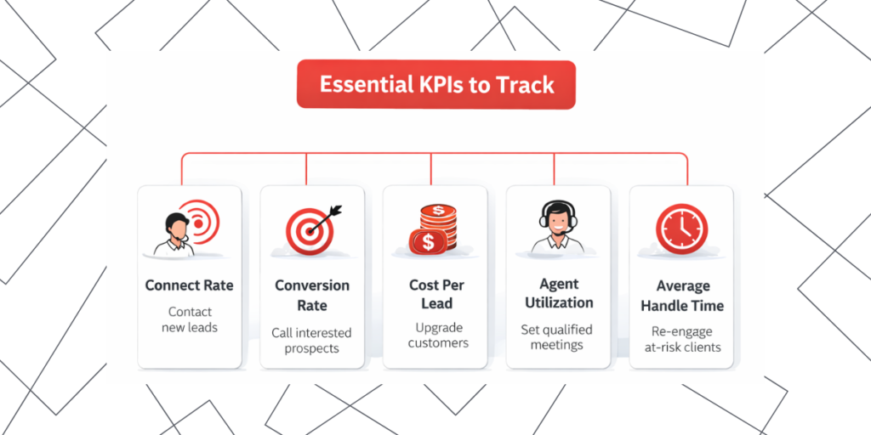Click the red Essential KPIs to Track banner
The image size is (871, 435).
pos(435,85)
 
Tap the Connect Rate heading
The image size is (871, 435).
pos(189,285)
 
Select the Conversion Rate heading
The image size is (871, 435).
pos(312,295)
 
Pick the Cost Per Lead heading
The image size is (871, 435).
pos(436,295)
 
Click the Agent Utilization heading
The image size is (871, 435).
pos(559,293)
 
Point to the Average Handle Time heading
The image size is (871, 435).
pos(682,296)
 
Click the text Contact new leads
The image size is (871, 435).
pos(189,319)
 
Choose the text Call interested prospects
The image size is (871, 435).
pos(311,341)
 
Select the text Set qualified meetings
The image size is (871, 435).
pos(557,336)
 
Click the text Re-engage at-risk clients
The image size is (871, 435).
pos(681,339)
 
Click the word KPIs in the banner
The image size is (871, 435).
pos(449,85)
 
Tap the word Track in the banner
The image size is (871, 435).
pos(527,85)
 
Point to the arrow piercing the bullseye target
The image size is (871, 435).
pos(327,212)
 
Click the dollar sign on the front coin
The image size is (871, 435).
pos(428,242)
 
